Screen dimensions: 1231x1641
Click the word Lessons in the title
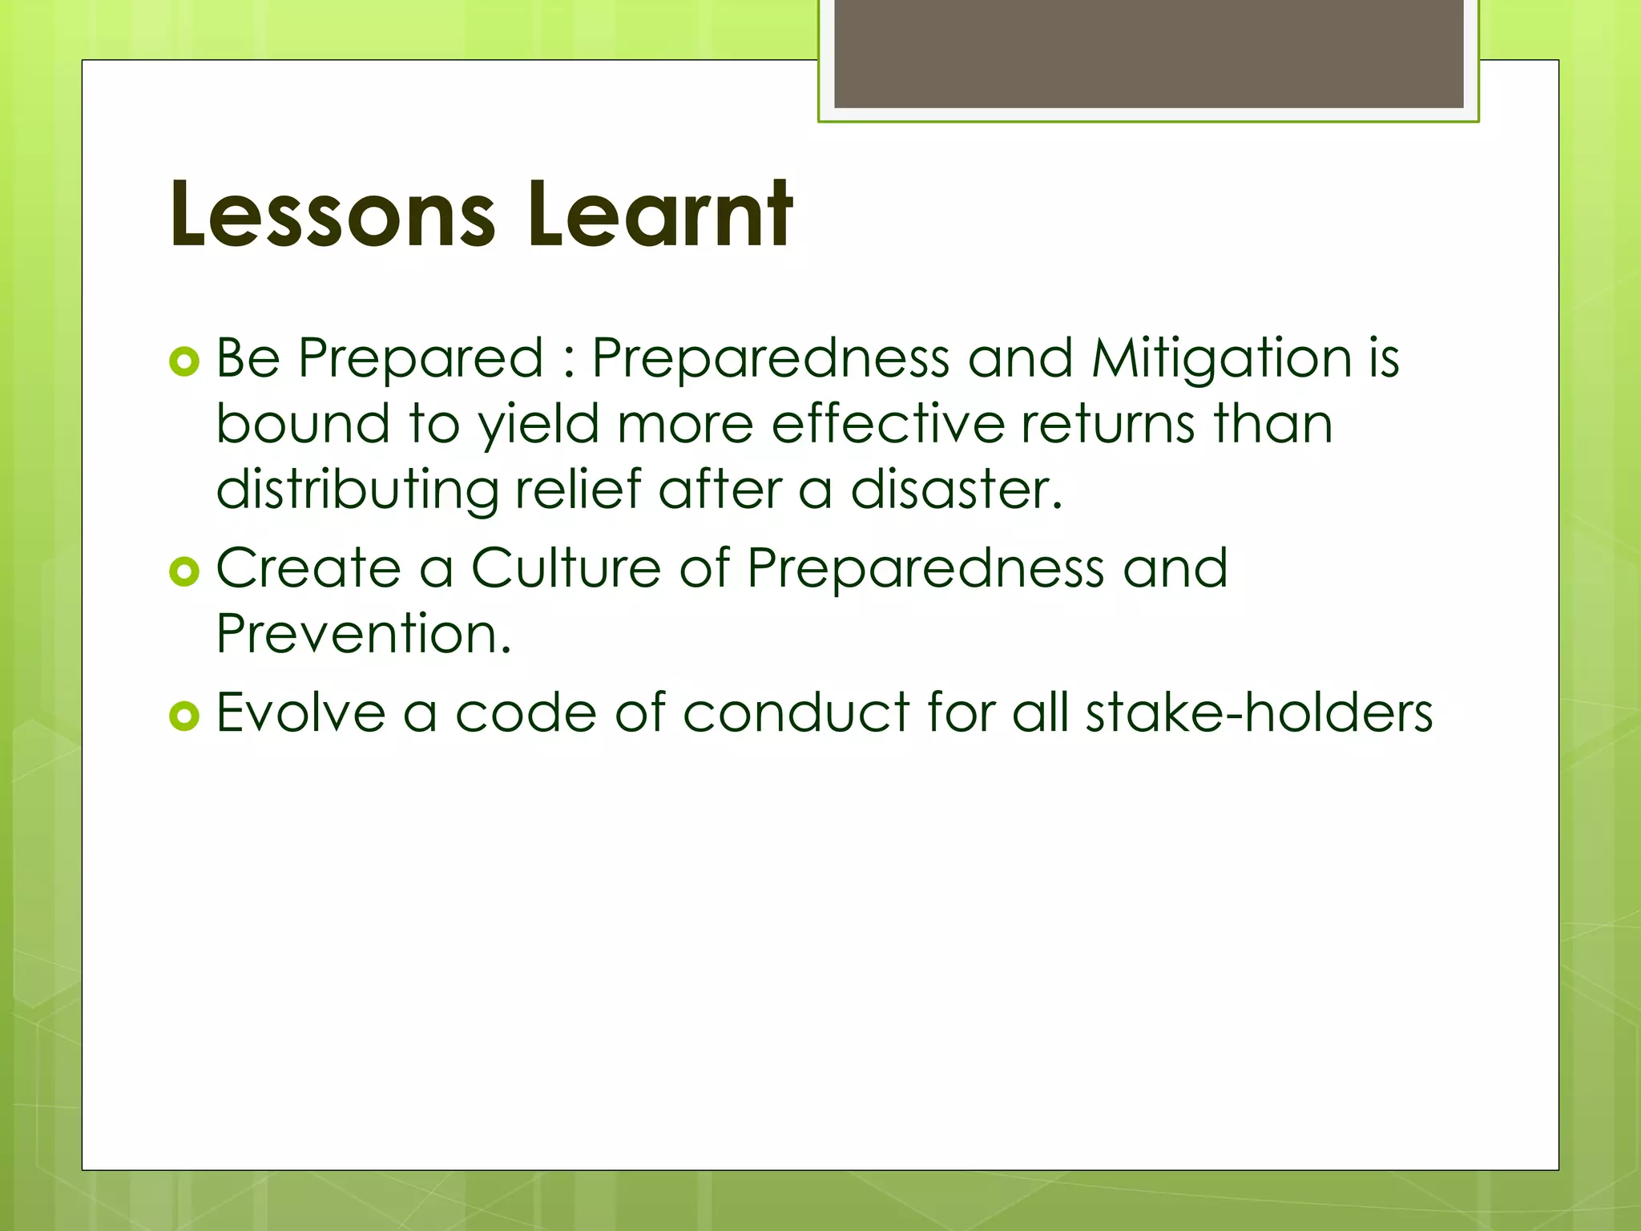[333, 215]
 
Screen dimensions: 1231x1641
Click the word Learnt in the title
[659, 215]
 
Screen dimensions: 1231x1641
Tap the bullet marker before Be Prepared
[184, 362]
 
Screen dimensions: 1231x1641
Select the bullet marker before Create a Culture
[184, 572]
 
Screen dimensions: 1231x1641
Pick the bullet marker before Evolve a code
[184, 716]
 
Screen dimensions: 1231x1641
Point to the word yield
[538, 425]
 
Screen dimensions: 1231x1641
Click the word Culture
[566, 568]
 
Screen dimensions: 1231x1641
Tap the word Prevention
[363, 634]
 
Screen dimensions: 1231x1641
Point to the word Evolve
[301, 712]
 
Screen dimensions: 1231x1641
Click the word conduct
[796, 712]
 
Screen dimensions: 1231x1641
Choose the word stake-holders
[1258, 712]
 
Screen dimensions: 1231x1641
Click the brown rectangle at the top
[1148, 53]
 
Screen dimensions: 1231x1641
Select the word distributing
[357, 490]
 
